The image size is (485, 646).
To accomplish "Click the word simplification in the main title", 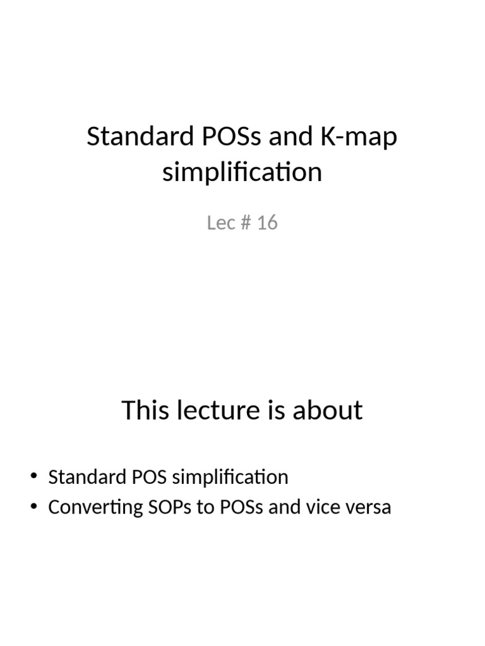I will (x=242, y=172).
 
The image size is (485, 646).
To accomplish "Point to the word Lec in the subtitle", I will (x=221, y=223).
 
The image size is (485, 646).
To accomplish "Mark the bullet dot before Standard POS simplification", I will (x=33, y=477).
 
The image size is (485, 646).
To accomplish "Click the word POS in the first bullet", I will (x=148, y=477).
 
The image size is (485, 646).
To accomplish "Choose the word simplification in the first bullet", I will (x=230, y=477).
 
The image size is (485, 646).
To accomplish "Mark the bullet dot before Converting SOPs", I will (x=33, y=507).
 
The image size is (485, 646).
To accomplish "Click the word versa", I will (x=370, y=507).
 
